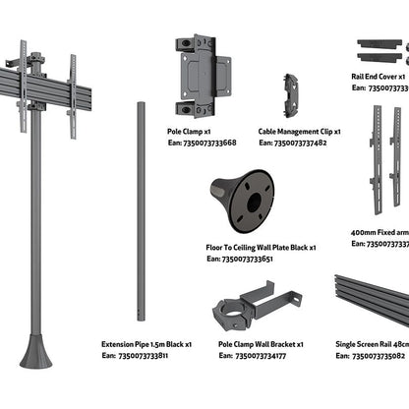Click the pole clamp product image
click(x=197, y=77)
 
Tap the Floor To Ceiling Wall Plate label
click(x=257, y=248)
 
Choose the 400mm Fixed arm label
click(x=379, y=232)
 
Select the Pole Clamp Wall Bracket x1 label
click(x=261, y=345)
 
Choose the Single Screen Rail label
click(x=379, y=345)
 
